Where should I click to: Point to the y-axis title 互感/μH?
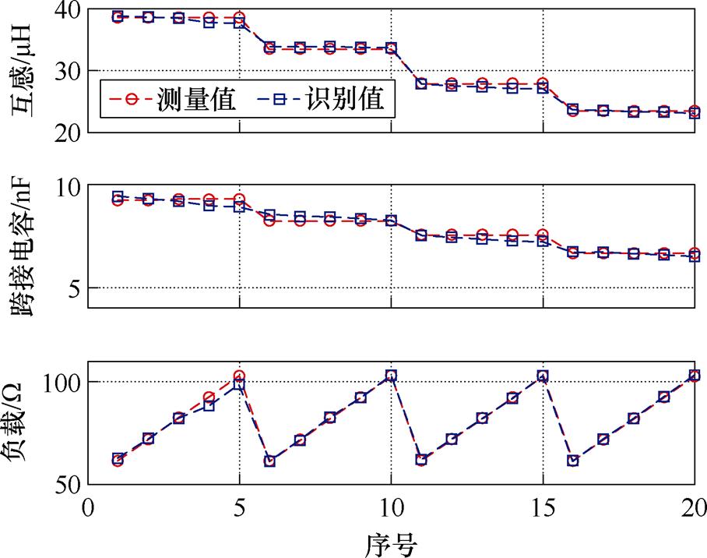pyautogui.click(x=23, y=70)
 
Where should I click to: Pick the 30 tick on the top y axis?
pyautogui.click(x=68, y=71)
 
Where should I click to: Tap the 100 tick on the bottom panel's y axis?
pyautogui.click(x=62, y=382)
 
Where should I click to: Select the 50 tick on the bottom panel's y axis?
pyautogui.click(x=68, y=484)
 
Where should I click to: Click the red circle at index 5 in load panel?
pyautogui.click(x=239, y=376)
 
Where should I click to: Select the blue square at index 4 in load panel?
pyautogui.click(x=209, y=405)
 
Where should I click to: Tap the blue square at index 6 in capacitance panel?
pyautogui.click(x=269, y=214)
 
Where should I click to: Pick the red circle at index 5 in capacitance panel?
pyautogui.click(x=239, y=200)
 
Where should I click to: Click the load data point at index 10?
pyautogui.click(x=391, y=376)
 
